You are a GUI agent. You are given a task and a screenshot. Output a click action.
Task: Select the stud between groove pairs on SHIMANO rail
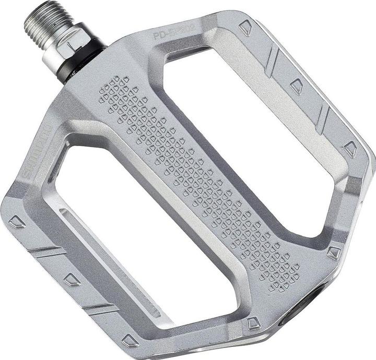[x=71, y=280]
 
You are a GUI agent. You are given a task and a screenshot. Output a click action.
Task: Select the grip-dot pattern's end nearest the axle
[x=112, y=89]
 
